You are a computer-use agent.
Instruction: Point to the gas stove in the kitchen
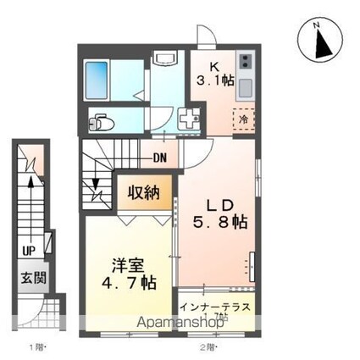pyautogui.click(x=245, y=62)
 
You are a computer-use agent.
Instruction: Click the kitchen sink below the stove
pyautogui.click(x=245, y=87)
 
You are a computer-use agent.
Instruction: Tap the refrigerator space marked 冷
pyautogui.click(x=246, y=119)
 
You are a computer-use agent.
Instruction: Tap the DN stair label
pyautogui.click(x=160, y=157)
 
